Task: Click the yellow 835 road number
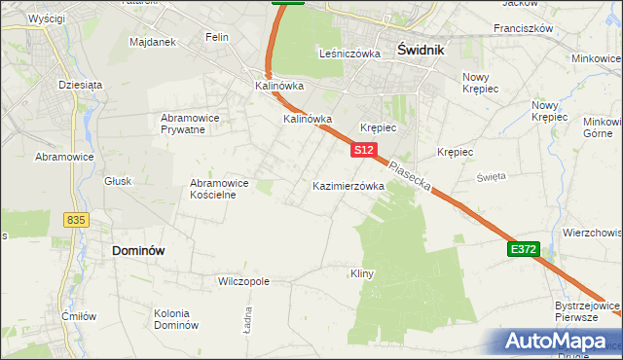tap(77, 220)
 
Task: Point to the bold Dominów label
tap(138, 250)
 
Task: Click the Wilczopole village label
tap(243, 281)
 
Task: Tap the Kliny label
tap(362, 273)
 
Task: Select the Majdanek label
tap(152, 42)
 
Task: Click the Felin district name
tap(216, 37)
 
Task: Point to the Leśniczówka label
tap(349, 54)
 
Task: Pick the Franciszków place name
tap(523, 28)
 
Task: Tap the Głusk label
tap(117, 181)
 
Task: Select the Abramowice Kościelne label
tap(219, 188)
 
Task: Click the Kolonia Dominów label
tap(176, 318)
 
